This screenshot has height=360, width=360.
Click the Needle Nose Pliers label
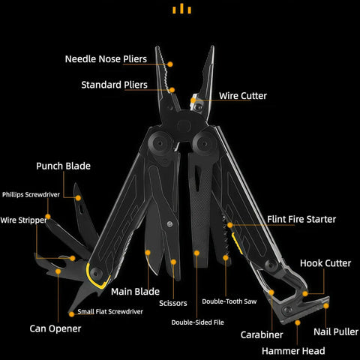click(106, 59)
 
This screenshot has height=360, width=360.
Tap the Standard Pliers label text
click(114, 85)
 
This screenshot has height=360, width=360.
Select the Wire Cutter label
click(243, 96)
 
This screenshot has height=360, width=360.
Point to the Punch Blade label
click(63, 166)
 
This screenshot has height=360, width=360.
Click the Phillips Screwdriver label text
click(31, 194)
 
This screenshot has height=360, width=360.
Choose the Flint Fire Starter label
click(301, 219)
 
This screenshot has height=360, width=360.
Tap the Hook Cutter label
click(325, 263)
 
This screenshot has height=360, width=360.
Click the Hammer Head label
click(293, 351)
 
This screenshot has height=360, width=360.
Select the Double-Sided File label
click(197, 322)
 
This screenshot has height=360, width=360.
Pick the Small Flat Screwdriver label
click(110, 311)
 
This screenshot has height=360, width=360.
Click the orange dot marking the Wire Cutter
click(193, 100)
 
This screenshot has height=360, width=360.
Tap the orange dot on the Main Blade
click(148, 253)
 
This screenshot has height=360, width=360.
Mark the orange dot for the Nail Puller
click(325, 306)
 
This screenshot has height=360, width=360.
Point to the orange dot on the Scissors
click(173, 262)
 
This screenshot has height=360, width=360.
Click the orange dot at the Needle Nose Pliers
click(170, 64)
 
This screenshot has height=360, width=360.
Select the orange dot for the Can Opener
click(58, 271)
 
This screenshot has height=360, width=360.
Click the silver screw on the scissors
click(169, 224)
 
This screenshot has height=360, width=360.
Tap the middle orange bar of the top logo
click(181, 8)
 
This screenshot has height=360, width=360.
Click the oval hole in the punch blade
click(81, 209)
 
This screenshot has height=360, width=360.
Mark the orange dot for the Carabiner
click(271, 292)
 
